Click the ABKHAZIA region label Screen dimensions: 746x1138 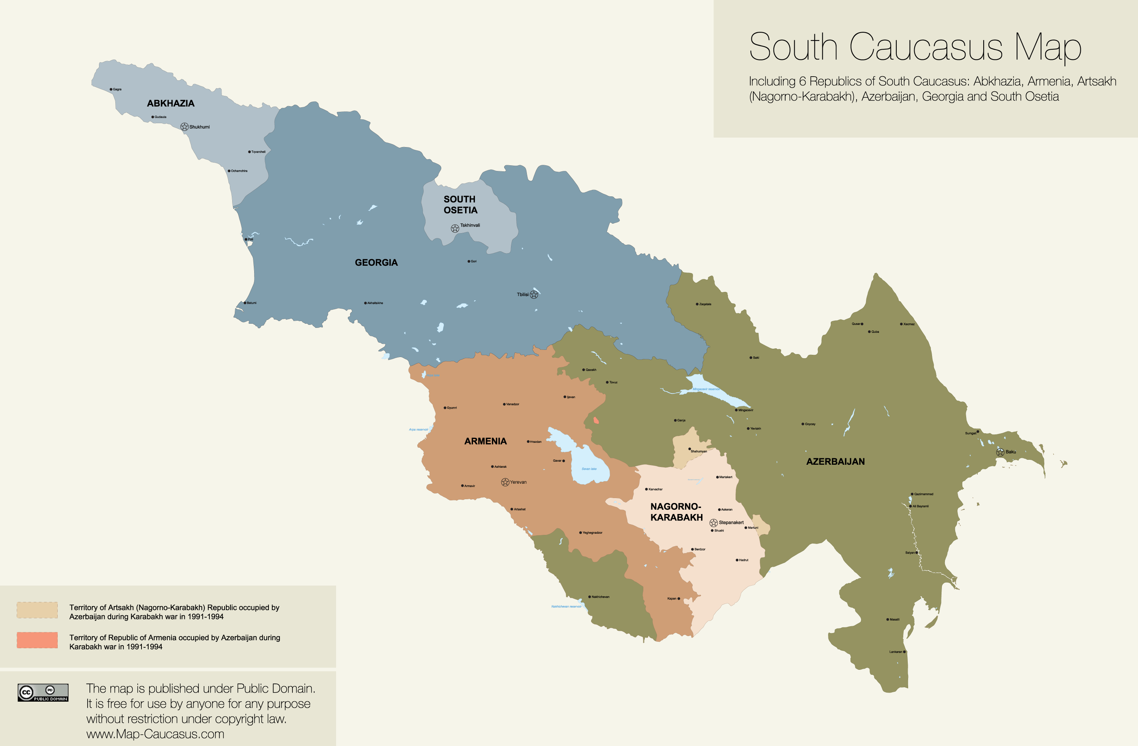click(x=170, y=103)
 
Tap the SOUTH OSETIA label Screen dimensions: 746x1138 click(x=460, y=205)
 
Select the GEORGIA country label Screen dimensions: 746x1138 click(x=376, y=262)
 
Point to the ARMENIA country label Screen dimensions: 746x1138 click(x=485, y=441)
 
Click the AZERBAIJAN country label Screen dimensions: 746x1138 click(x=835, y=462)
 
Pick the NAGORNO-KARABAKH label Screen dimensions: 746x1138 click(x=676, y=512)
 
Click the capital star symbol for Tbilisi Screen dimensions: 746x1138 click(x=534, y=295)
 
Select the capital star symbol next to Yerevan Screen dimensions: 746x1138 click(x=505, y=482)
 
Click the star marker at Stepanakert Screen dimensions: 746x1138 click(x=714, y=523)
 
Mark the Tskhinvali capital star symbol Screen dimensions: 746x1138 click(x=455, y=229)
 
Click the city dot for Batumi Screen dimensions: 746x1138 click(x=245, y=302)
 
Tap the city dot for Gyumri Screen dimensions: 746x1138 click(x=445, y=407)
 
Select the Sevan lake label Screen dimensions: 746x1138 click(x=589, y=469)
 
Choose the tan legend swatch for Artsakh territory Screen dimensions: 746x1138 click(x=37, y=610)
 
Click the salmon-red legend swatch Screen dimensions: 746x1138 click(x=37, y=640)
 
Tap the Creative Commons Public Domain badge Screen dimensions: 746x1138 click(x=43, y=693)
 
